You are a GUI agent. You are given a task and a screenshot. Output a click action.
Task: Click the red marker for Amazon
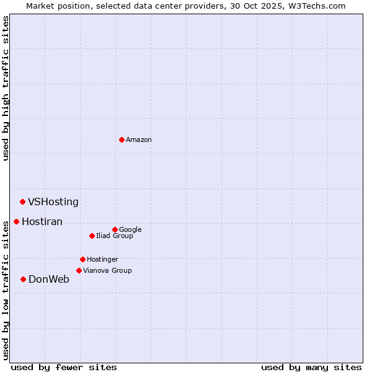pyautogui.click(x=122, y=139)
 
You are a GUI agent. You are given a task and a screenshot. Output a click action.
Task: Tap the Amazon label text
pyautogui.click(x=139, y=140)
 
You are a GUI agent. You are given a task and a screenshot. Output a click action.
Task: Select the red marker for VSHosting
pyautogui.click(x=22, y=201)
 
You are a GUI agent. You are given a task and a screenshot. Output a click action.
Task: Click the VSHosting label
pyautogui.click(x=53, y=202)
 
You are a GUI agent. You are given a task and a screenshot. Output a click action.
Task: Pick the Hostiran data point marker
pyautogui.click(x=16, y=221)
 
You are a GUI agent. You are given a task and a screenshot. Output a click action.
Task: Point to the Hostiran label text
pyautogui.click(x=42, y=222)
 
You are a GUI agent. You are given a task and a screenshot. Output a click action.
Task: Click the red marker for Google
pyautogui.click(x=115, y=229)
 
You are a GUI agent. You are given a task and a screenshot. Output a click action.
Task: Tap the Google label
pyautogui.click(x=130, y=230)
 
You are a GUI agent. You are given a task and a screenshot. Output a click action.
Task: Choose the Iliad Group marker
pyautogui.click(x=92, y=236)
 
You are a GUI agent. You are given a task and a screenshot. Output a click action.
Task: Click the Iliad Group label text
pyautogui.click(x=115, y=236)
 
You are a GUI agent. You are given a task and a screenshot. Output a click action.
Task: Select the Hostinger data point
pyautogui.click(x=82, y=259)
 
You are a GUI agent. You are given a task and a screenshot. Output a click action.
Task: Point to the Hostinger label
pyautogui.click(x=102, y=260)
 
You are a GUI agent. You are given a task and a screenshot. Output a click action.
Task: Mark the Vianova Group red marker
pyautogui.click(x=79, y=270)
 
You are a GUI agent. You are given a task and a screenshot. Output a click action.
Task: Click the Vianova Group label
pyautogui.click(x=107, y=271)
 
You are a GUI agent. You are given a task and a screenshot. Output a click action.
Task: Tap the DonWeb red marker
pyautogui.click(x=23, y=279)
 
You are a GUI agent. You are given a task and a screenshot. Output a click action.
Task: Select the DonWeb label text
pyautogui.click(x=49, y=280)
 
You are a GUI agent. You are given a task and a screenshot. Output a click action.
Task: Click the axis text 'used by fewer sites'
pyautogui.click(x=64, y=367)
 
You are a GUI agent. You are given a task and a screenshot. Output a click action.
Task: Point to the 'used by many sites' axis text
pyautogui.click(x=311, y=367)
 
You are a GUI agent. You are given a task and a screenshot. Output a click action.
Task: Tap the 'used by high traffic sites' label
pyautogui.click(x=6, y=88)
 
